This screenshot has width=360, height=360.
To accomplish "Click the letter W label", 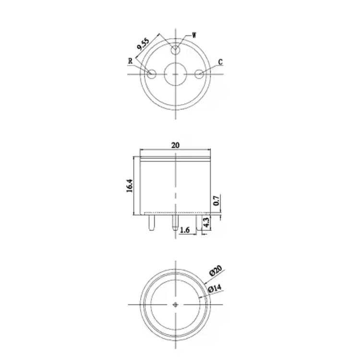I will pyautogui.click(x=194, y=35).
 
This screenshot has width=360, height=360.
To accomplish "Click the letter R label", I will pyautogui.click(x=130, y=61).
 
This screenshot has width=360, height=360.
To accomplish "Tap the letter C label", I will pyautogui.click(x=220, y=62).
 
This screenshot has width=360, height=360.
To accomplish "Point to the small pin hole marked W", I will pyautogui.click(x=177, y=49).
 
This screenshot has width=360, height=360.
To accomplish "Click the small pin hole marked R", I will pyautogui.click(x=152, y=74).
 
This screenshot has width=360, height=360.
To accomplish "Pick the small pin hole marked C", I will pyautogui.click(x=200, y=74).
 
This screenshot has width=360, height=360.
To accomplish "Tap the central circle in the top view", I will pyautogui.click(x=176, y=74).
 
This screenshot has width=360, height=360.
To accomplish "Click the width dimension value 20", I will pyautogui.click(x=176, y=145).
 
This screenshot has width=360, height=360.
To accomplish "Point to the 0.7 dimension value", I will pyautogui.click(x=216, y=200).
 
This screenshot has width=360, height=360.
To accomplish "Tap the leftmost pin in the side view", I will pyautogui.click(x=152, y=222).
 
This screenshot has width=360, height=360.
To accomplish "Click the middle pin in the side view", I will pyautogui.click(x=176, y=222).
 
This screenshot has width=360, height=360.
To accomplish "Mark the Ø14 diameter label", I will pyautogui.click(x=215, y=288).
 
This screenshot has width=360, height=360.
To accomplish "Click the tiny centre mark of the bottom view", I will pyautogui.click(x=176, y=304).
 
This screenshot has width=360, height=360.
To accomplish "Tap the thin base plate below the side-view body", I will pyautogui.click(x=176, y=212).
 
